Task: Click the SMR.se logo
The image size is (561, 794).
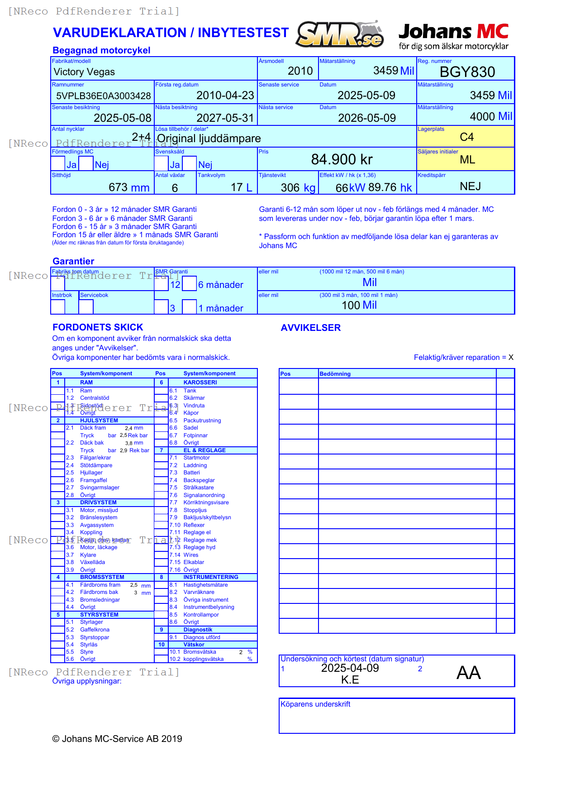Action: tap(340, 34)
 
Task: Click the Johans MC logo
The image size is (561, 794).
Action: tap(453, 36)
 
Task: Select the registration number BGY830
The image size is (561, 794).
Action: tap(467, 72)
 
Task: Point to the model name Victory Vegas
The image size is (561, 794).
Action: tap(84, 72)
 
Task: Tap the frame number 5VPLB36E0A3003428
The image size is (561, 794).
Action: tap(103, 96)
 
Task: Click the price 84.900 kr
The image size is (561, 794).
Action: tap(342, 159)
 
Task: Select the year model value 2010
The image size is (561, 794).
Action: tap(300, 71)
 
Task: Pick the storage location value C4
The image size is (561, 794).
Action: tap(466, 137)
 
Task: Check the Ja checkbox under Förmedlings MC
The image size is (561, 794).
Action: tap(58, 163)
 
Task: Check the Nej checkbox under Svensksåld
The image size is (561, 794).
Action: tap(190, 163)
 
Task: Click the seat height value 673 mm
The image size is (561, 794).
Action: tap(129, 187)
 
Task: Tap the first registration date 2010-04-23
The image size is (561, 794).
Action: tap(225, 96)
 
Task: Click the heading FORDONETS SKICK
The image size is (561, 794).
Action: tap(98, 327)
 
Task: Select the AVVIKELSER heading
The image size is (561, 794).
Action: tap(310, 328)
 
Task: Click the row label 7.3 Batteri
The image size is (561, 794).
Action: tap(191, 473)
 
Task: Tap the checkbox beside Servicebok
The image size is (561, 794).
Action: tap(86, 306)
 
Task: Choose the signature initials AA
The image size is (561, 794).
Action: tap(468, 673)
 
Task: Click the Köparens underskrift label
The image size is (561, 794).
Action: tap(315, 704)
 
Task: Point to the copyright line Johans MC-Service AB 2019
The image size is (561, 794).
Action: tap(117, 739)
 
